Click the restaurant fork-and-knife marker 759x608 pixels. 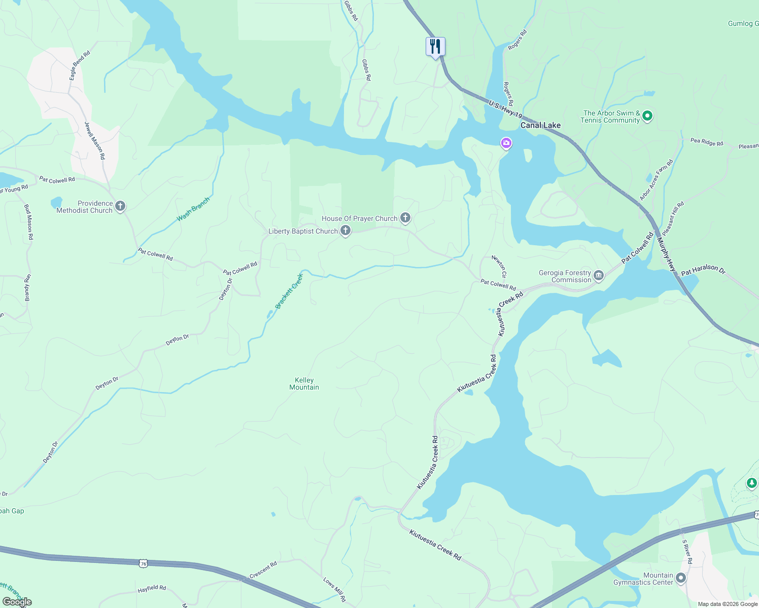pos(435,47)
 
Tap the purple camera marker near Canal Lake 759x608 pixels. pos(506,143)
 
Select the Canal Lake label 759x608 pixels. pos(540,125)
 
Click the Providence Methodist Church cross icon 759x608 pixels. pos(120,206)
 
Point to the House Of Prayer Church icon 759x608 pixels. pos(405,218)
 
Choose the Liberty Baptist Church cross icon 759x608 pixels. pos(345,231)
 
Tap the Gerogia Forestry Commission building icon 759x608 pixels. pos(599,276)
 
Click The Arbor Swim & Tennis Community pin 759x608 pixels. pos(647,116)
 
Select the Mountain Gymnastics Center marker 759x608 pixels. pos(681,578)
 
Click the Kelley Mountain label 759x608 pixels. pos(304,384)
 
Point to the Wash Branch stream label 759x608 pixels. pos(193,210)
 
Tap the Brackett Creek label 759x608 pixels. pos(289,291)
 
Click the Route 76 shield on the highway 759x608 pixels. pos(144,563)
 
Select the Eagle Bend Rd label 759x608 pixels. pos(80,65)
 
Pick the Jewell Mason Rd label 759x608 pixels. pos(95,141)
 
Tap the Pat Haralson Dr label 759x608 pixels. pos(703,271)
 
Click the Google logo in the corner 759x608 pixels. pos(17,601)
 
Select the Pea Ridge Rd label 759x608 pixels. pos(707,142)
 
